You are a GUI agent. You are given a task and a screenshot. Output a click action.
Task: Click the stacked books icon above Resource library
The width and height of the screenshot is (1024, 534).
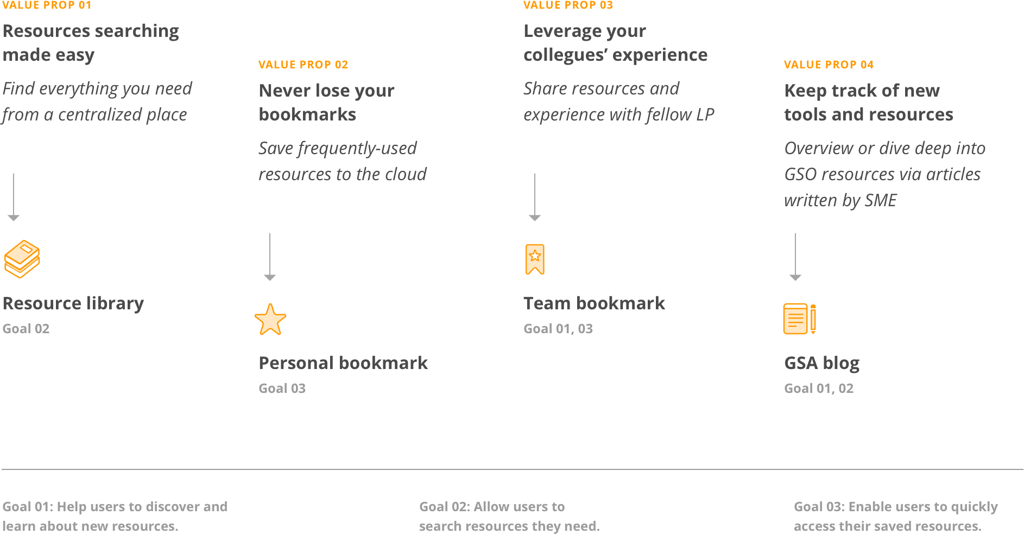(22, 259)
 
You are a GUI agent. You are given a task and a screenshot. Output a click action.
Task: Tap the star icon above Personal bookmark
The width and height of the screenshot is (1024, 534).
(270, 320)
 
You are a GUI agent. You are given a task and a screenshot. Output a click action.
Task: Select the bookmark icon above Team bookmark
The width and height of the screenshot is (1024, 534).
(535, 259)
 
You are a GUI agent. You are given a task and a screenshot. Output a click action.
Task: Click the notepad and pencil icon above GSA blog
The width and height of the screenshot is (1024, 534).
(800, 319)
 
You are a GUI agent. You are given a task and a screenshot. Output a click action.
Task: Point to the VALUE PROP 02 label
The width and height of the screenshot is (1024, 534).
(304, 65)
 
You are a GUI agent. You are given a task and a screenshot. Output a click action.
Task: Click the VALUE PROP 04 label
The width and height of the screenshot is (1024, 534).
(829, 65)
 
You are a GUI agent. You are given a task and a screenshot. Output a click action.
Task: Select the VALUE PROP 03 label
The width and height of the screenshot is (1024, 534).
(568, 5)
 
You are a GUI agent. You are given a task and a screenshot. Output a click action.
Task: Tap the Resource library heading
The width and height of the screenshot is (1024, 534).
(73, 303)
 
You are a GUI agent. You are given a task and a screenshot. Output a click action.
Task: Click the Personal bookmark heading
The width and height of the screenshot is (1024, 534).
(343, 363)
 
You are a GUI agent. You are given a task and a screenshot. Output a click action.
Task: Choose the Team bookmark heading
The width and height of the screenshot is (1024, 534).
(595, 303)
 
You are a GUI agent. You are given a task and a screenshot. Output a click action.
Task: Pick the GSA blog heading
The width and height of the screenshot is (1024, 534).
(822, 363)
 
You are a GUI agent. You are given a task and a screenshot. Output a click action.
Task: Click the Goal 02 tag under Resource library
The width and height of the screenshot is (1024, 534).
(26, 329)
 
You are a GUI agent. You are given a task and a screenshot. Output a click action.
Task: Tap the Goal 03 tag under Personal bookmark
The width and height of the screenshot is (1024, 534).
(282, 389)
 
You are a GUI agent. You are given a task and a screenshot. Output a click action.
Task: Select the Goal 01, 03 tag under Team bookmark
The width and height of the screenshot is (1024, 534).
(558, 329)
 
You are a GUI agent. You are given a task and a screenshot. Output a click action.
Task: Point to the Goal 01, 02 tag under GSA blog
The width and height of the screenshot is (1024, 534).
(819, 389)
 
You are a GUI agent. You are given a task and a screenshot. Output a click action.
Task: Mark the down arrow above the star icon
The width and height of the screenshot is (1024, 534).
(270, 257)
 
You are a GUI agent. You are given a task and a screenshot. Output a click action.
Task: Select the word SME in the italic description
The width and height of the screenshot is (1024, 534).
(881, 200)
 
